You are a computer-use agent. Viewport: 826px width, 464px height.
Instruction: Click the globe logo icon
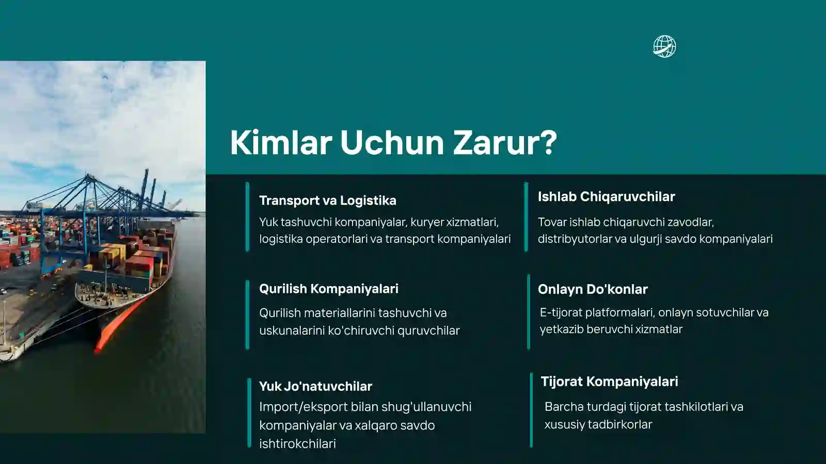point(664,46)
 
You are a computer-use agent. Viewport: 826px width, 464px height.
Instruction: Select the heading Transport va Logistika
point(327,201)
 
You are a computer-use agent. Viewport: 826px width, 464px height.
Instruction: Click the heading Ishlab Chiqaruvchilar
point(606,196)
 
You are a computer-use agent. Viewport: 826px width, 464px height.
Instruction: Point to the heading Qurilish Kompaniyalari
point(328,289)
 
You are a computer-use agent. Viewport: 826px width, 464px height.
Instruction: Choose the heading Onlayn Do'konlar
point(592,289)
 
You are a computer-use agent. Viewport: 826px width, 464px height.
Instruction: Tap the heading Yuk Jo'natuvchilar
point(315,386)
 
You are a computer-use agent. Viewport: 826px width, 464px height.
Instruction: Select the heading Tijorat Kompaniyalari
point(609,382)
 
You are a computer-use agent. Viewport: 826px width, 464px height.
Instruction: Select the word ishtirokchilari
point(297,443)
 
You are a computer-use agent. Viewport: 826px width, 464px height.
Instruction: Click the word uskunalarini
point(292,330)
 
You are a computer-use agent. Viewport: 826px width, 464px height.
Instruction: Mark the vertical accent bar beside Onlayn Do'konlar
point(529,312)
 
